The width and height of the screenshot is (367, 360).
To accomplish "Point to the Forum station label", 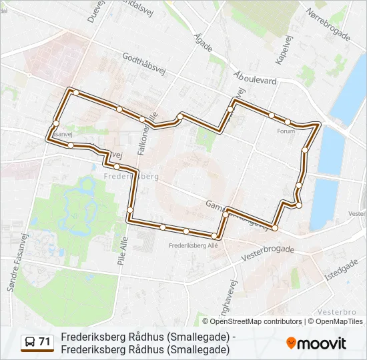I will [285, 131].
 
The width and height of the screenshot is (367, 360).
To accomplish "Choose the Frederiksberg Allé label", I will [194, 245].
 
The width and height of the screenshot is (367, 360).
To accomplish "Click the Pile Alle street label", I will [121, 251].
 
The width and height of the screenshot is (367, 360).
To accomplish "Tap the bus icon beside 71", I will [30, 343].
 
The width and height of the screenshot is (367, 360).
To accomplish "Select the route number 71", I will [45, 342].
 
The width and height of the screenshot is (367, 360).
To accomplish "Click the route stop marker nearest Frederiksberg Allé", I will [215, 236].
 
